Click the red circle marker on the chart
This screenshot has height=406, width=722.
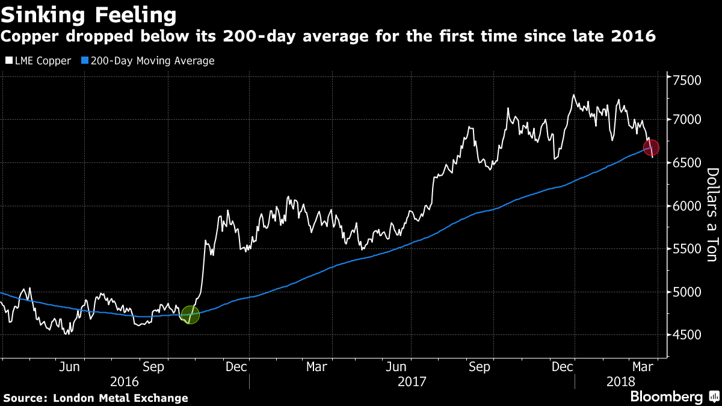(x=651, y=147)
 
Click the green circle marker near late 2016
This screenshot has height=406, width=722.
(x=190, y=315)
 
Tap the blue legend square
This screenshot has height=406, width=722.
(x=85, y=61)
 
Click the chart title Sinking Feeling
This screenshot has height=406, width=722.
(x=88, y=14)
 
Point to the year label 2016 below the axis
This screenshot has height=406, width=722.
(x=125, y=381)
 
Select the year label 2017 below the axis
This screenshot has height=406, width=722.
(x=412, y=381)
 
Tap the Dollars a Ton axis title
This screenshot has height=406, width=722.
(x=711, y=215)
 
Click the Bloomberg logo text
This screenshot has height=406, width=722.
(x=666, y=396)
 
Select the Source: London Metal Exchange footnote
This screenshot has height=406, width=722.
(x=96, y=398)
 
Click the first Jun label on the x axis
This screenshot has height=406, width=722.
(x=70, y=366)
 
